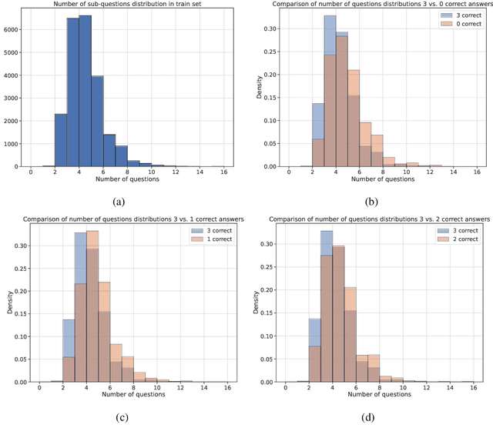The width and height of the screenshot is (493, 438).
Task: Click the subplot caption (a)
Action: click(x=119, y=201)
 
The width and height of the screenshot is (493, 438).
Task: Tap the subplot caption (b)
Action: click(x=371, y=201)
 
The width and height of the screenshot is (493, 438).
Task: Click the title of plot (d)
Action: click(x=371, y=221)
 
